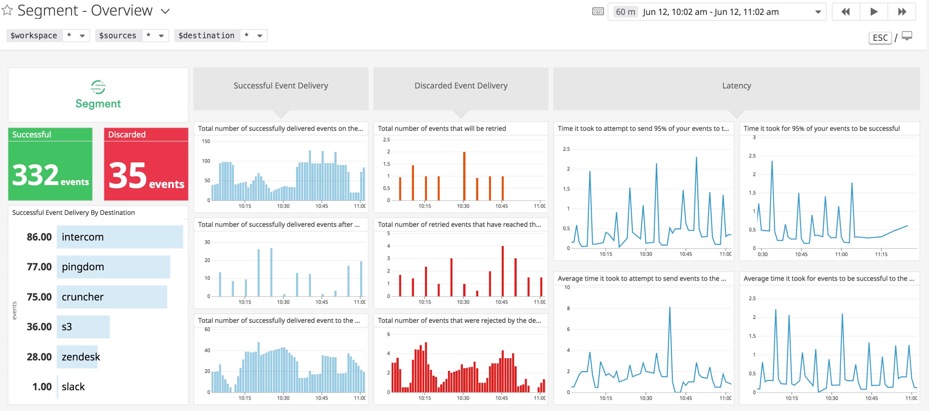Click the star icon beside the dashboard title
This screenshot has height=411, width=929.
[7, 10]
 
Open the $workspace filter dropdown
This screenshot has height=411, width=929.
[82, 36]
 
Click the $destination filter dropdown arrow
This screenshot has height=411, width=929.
[259, 36]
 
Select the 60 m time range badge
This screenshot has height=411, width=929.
[625, 12]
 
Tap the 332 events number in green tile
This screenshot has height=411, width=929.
[35, 175]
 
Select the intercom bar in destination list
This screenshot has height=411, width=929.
[120, 237]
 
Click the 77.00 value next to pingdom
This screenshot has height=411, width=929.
[39, 267]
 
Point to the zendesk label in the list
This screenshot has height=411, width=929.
[80, 357]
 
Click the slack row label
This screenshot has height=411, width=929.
[73, 386]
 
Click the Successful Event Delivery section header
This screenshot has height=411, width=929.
[281, 86]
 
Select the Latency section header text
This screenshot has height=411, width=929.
[736, 86]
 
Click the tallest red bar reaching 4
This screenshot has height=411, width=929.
[502, 271]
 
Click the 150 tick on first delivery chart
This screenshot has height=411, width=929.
[206, 141]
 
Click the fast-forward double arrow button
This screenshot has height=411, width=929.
[901, 12]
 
